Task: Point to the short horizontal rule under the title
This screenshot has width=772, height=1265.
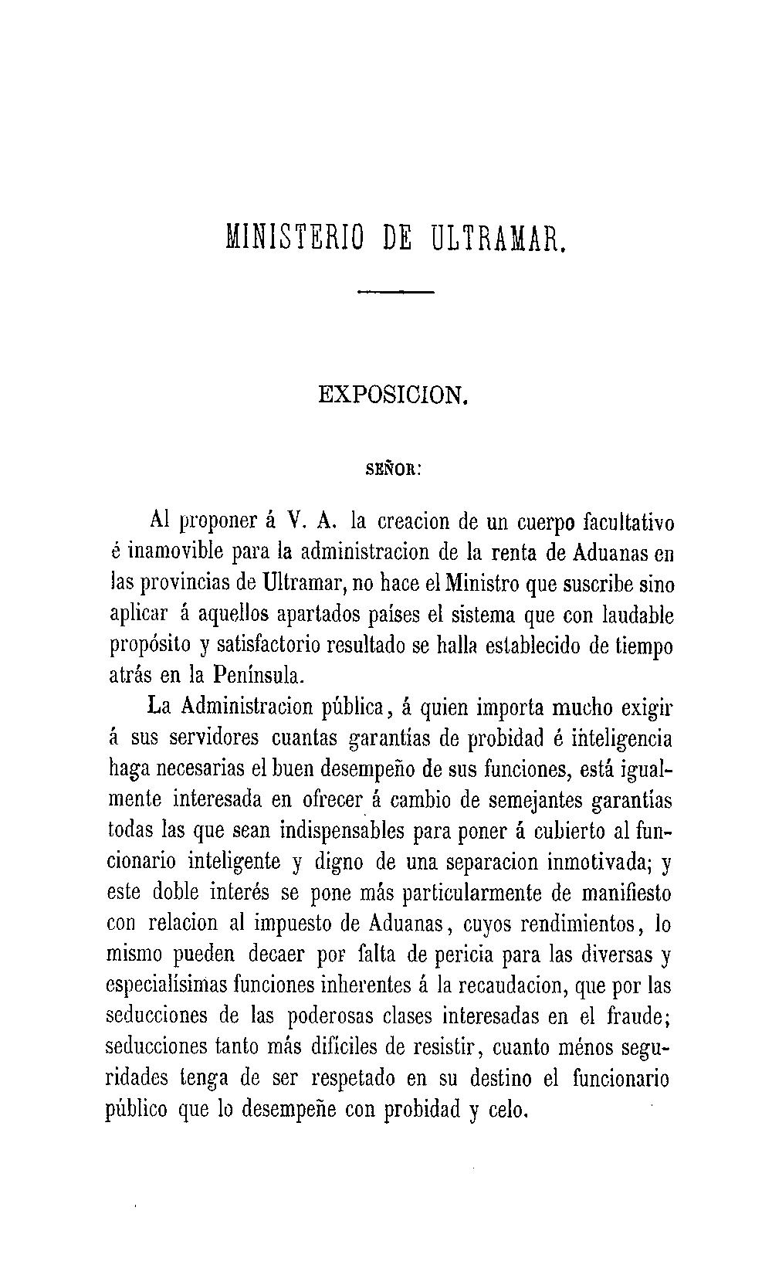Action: point(397,292)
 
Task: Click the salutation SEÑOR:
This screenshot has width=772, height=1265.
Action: point(392,469)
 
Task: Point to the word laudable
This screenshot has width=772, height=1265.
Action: point(631,615)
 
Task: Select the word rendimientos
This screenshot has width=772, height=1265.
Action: point(572,924)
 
